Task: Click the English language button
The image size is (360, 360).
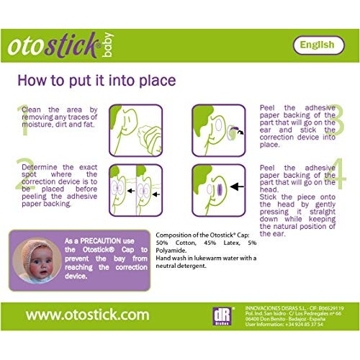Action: (x=318, y=45)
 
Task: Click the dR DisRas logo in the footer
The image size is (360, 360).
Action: (x=220, y=317)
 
